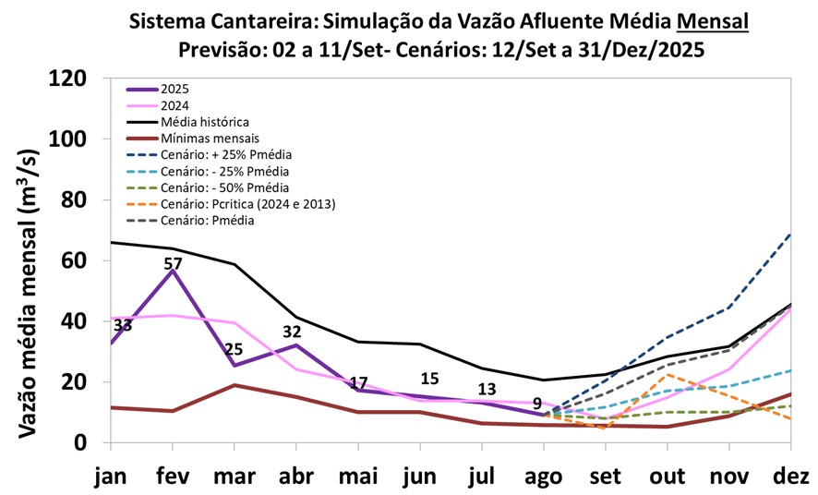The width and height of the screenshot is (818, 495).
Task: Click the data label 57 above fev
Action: [173, 263]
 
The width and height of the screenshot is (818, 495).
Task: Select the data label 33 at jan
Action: [123, 326]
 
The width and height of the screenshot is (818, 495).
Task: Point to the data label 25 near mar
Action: [234, 348]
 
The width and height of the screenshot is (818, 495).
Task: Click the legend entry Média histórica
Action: [204, 122]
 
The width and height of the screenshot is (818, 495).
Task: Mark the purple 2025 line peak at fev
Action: [173, 271]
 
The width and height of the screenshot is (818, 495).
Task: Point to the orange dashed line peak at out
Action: [668, 375]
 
